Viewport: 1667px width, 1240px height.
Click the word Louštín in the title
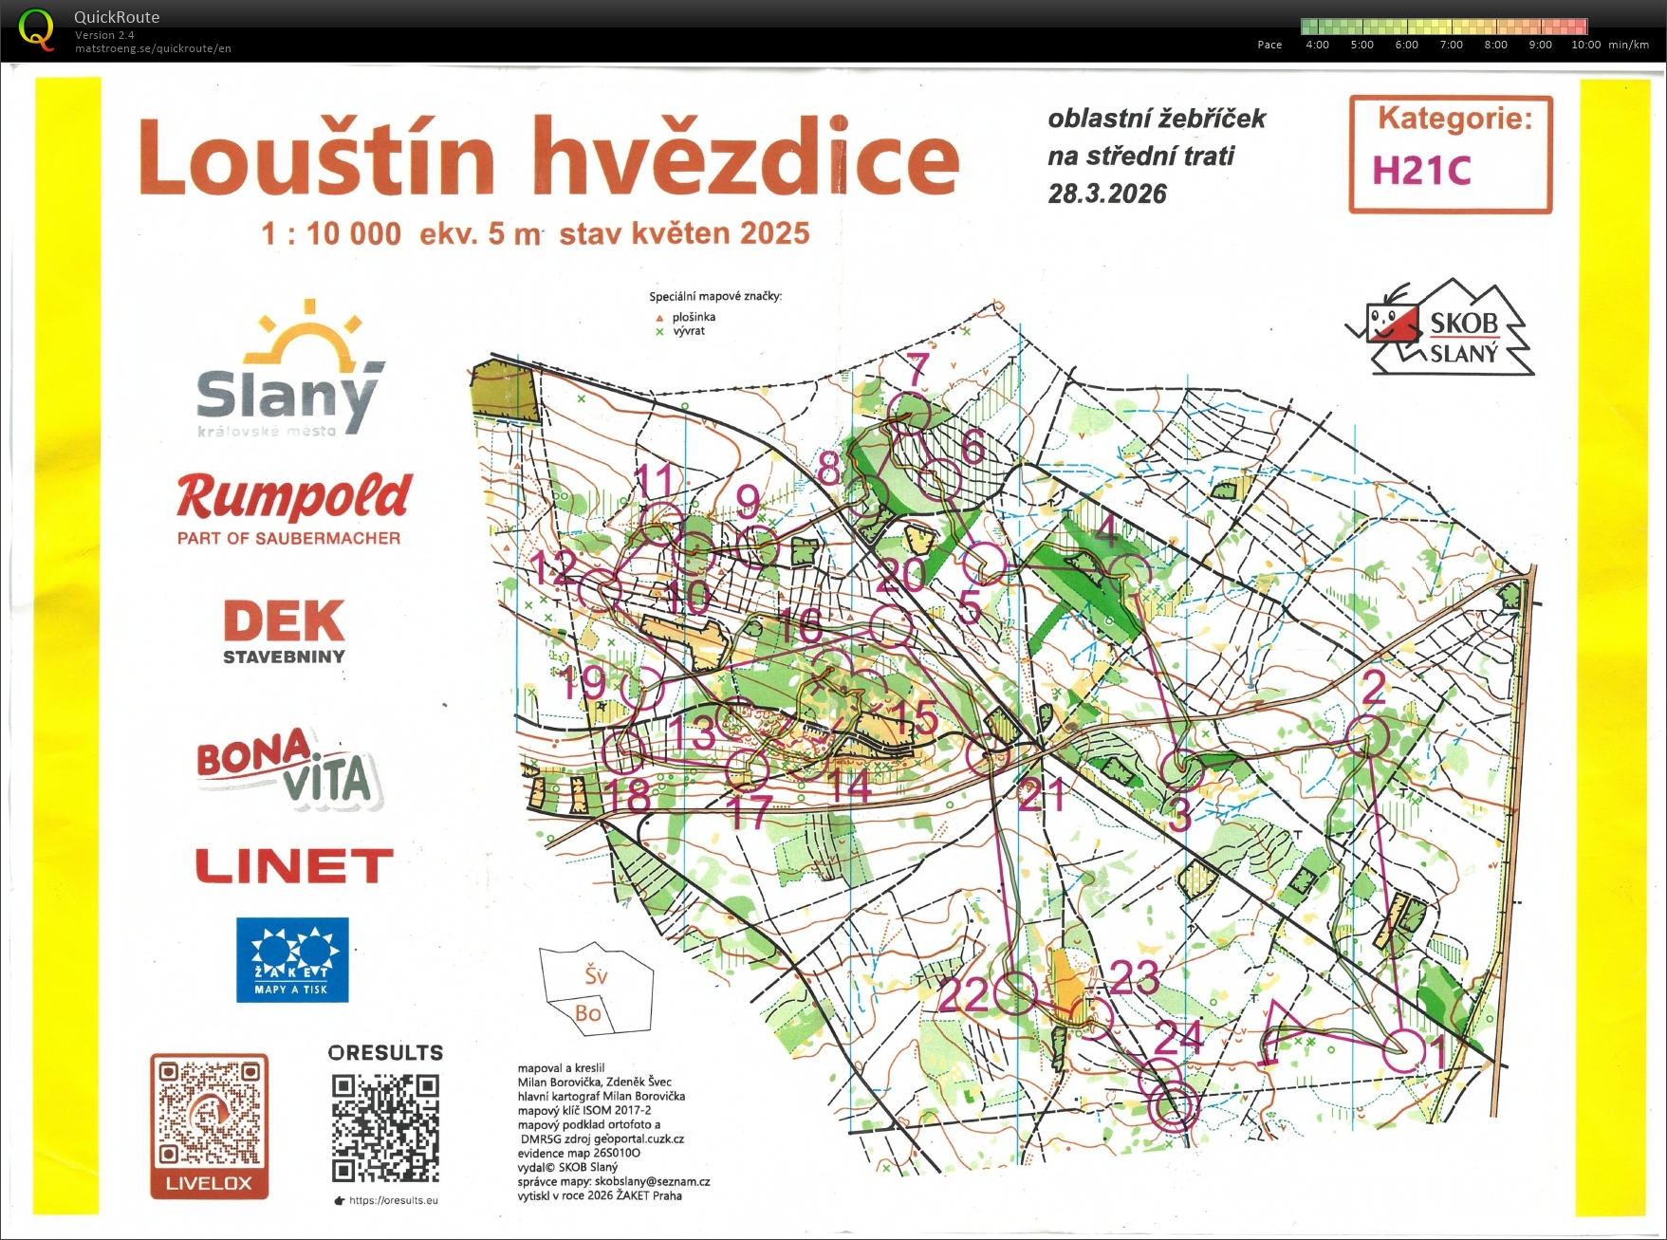[x=317, y=158]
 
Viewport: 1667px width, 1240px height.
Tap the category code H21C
[x=1420, y=172]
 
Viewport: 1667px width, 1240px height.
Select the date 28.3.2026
[x=1106, y=194]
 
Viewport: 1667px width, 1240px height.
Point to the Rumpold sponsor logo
[x=293, y=507]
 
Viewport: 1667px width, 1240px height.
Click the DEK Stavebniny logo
[x=284, y=629]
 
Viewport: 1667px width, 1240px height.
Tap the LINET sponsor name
[x=294, y=865]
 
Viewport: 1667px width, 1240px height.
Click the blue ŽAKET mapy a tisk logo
[x=292, y=959]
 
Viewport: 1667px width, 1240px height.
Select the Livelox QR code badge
[x=209, y=1125]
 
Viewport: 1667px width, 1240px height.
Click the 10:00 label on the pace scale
[x=1585, y=45]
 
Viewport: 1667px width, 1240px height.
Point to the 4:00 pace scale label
[x=1317, y=45]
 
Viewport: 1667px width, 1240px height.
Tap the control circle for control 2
[x=1367, y=736]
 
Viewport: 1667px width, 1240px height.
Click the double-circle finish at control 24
[x=1174, y=1105]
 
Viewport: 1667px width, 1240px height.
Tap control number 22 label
[x=962, y=994]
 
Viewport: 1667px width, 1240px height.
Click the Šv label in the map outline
[x=596, y=975]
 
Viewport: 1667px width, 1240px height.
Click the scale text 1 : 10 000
[x=331, y=233]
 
